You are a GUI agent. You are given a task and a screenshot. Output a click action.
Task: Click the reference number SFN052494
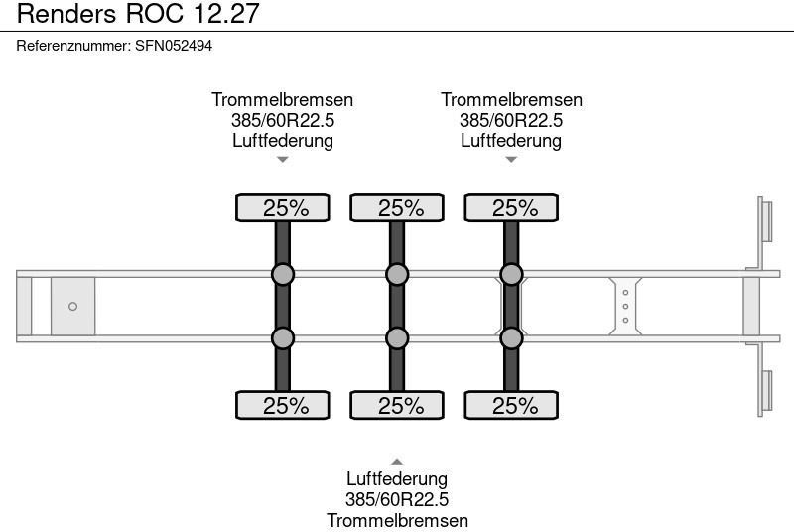pyautogui.click(x=173, y=46)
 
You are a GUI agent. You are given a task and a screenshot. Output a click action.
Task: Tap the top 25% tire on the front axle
pyautogui.click(x=283, y=207)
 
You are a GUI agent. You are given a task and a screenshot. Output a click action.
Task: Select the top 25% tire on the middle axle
pyautogui.click(x=397, y=207)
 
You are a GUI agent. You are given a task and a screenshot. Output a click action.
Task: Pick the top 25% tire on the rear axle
pyautogui.click(x=511, y=207)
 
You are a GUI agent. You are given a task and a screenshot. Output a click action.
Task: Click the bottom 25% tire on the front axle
pyautogui.click(x=283, y=405)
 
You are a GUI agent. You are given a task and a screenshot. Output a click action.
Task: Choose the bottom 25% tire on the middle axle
pyautogui.click(x=397, y=405)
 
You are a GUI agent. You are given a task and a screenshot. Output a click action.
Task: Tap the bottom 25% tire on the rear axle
pyautogui.click(x=511, y=405)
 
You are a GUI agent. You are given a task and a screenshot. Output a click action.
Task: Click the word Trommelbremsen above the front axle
pyautogui.click(x=283, y=100)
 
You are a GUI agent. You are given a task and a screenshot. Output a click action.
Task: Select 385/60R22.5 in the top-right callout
pyautogui.click(x=511, y=120)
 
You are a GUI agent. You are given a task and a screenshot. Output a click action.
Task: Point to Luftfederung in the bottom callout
pyautogui.click(x=397, y=479)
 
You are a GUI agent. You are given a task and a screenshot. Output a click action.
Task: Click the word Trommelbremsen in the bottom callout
pyautogui.click(x=397, y=520)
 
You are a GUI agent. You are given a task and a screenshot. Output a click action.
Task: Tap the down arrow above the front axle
pyautogui.click(x=283, y=159)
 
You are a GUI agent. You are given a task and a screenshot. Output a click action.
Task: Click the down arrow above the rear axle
pyautogui.click(x=511, y=159)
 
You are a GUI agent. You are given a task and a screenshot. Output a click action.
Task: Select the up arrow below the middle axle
pyautogui.click(x=397, y=461)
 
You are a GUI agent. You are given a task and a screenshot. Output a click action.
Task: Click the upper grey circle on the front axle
pyautogui.click(x=283, y=274)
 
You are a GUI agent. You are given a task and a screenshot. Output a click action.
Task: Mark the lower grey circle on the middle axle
pyautogui.click(x=397, y=338)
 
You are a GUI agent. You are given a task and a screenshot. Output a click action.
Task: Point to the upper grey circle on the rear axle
pyautogui.click(x=511, y=274)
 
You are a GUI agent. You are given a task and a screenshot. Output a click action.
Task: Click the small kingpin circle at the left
pyautogui.click(x=72, y=306)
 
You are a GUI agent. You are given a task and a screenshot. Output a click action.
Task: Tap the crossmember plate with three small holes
pyautogui.click(x=625, y=306)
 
